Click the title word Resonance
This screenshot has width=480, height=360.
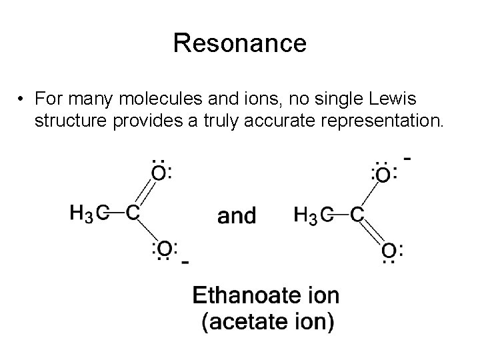point(239,43)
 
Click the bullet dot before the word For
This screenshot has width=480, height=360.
point(23,99)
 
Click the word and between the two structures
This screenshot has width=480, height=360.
point(237,215)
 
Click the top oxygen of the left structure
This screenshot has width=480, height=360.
point(159,173)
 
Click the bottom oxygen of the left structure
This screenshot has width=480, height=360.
point(164,249)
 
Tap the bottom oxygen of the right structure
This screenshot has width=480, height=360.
point(389,251)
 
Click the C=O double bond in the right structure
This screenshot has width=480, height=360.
point(373,233)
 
